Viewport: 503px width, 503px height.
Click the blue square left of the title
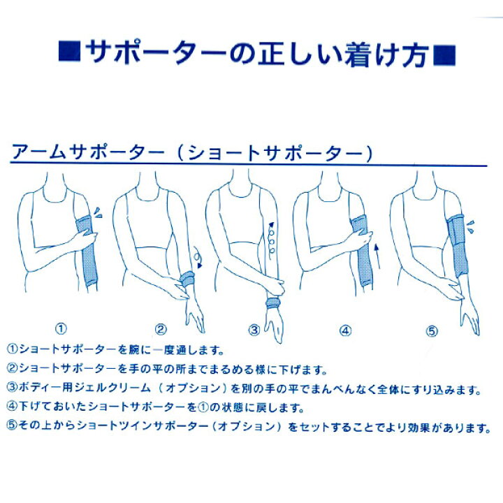[69, 51]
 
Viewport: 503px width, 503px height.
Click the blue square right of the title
[444, 55]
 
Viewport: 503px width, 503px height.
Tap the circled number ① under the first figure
[61, 328]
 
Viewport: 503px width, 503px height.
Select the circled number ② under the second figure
[161, 330]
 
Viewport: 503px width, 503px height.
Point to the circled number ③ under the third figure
[254, 330]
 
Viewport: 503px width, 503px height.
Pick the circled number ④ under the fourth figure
[346, 330]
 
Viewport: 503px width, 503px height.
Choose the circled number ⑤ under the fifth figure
[432, 330]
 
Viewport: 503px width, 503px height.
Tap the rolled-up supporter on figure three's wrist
[273, 302]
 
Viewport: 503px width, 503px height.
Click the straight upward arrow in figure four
[377, 256]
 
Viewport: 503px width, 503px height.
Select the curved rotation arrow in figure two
[198, 257]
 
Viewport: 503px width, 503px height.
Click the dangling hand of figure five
[469, 319]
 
